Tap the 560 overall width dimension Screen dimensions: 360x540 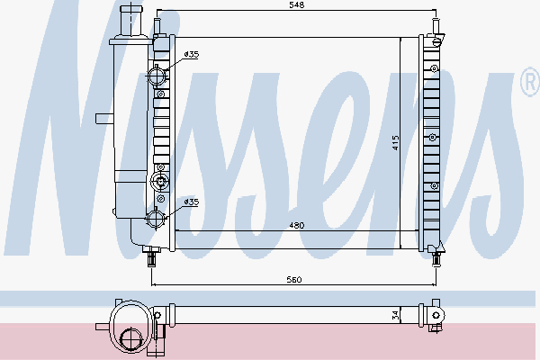coord(294,281)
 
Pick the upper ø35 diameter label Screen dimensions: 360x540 coord(191,56)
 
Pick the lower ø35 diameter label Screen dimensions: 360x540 coord(191,202)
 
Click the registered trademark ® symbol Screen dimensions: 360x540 coord(529,84)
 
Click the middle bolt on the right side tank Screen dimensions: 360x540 coord(433,137)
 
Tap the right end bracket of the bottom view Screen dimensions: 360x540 coord(437,314)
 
